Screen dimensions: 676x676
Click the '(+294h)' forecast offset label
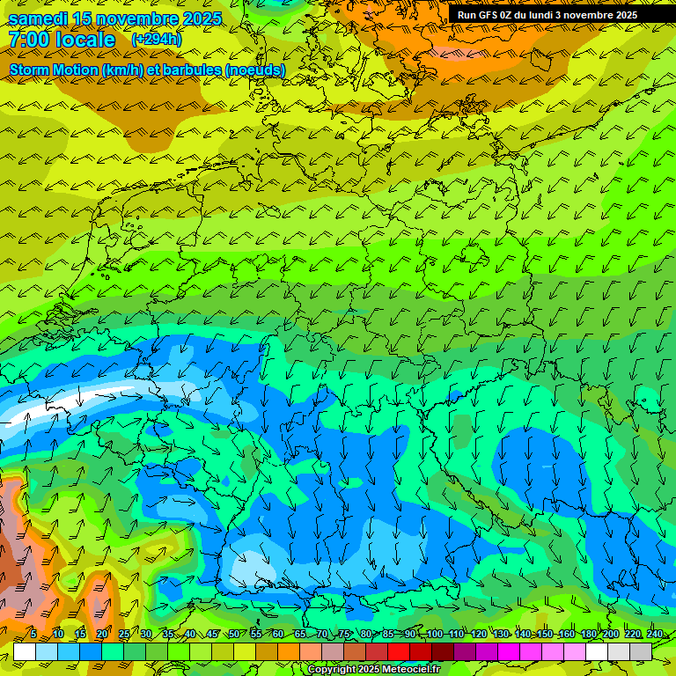tap(157, 40)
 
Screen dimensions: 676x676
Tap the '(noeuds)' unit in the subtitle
tap(255, 70)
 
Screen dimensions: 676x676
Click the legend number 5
tap(33, 634)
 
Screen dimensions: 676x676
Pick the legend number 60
tap(277, 634)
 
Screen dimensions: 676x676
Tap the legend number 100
tap(434, 634)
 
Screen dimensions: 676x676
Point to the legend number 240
tap(654, 634)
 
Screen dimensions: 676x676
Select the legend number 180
tap(588, 634)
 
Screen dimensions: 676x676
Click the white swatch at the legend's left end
tap(25, 651)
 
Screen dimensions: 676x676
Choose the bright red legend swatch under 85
tap(399, 651)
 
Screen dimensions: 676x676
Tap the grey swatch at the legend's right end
tap(641, 651)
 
